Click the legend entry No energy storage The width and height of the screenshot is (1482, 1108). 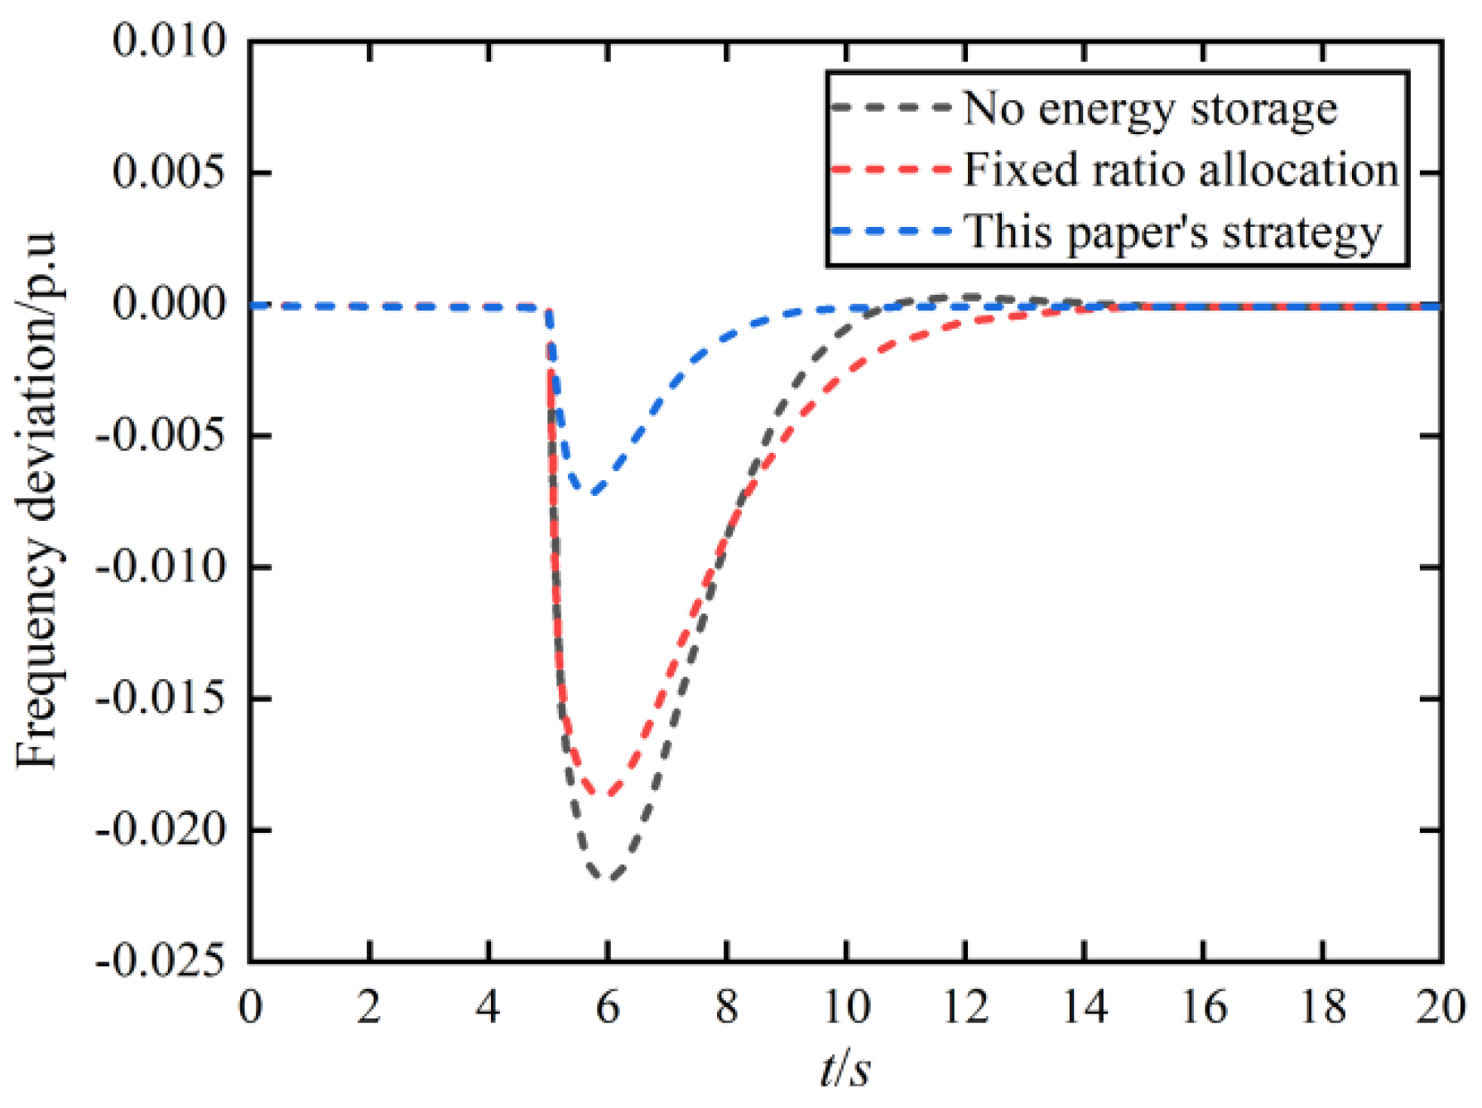(x=1149, y=108)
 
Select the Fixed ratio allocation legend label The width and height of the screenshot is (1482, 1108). (x=1181, y=170)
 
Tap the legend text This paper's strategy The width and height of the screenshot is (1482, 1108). (x=1173, y=232)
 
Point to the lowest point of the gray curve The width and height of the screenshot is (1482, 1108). (x=607, y=878)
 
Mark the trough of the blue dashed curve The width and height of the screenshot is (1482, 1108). (x=593, y=493)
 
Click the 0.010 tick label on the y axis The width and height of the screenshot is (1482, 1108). (x=170, y=41)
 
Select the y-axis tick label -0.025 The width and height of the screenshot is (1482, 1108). (x=161, y=961)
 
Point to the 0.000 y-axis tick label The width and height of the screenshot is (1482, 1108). (x=170, y=304)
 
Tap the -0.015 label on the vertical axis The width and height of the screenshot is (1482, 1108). (x=161, y=699)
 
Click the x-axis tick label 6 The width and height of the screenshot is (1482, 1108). (x=608, y=1008)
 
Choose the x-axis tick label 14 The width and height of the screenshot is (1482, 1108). (x=1084, y=1008)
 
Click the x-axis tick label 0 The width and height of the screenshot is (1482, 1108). (x=250, y=1008)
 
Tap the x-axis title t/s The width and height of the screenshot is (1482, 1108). (x=845, y=1069)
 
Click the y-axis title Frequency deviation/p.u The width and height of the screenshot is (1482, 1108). (x=37, y=501)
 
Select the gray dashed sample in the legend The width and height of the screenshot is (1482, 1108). (x=891, y=108)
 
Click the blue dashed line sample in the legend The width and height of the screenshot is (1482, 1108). (x=891, y=231)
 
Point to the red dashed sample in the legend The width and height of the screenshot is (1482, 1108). (x=891, y=169)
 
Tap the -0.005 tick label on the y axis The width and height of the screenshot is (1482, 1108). (x=161, y=436)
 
